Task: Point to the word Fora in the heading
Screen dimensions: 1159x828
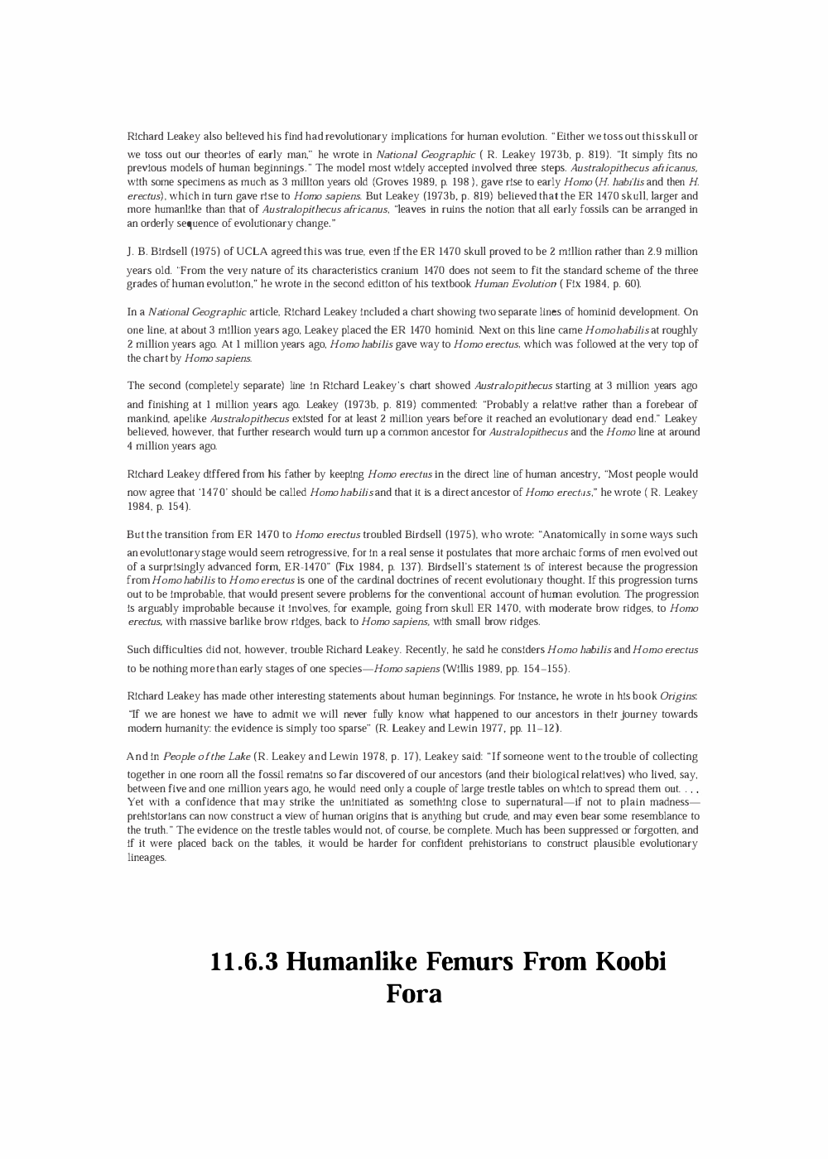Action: [414, 993]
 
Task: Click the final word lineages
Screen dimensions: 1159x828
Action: [147, 858]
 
